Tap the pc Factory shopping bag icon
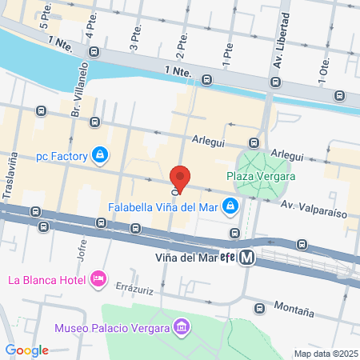click(x=99, y=154)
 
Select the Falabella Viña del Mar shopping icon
click(x=230, y=206)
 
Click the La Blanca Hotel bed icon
click(x=98, y=279)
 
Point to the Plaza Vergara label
click(x=261, y=176)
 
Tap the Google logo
click(x=27, y=350)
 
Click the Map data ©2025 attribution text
click(x=325, y=354)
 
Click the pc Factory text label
click(x=61, y=155)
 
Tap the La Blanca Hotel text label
click(x=47, y=280)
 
